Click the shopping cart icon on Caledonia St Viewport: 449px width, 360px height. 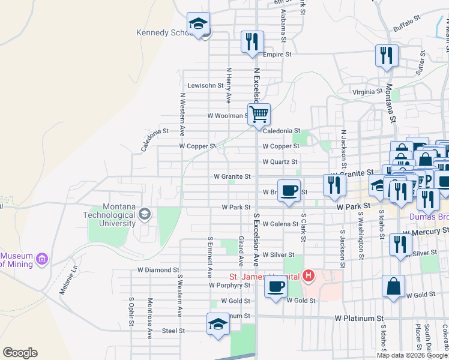[259, 113]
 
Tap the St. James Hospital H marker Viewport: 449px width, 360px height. [308, 276]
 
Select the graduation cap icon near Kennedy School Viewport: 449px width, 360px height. [198, 24]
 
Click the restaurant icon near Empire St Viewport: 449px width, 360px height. [252, 41]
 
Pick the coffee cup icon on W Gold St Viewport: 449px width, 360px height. [276, 286]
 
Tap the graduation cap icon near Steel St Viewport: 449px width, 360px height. [218, 324]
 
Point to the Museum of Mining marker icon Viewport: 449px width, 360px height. [41, 259]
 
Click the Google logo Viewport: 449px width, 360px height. [20, 353]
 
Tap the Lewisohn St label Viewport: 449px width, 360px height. [205, 85]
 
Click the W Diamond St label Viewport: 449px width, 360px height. [158, 270]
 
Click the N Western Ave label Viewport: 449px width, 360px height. [181, 114]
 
